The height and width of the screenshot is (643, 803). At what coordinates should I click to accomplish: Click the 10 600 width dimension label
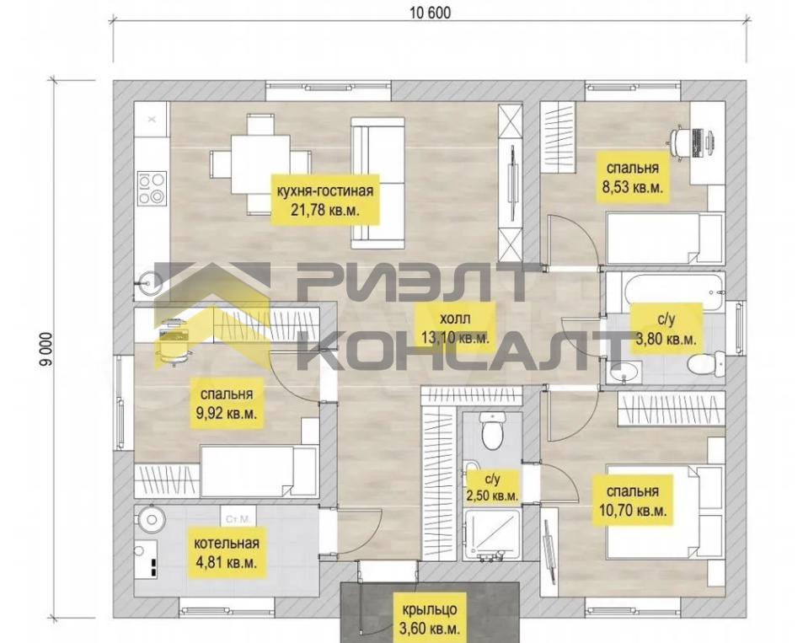[431, 13]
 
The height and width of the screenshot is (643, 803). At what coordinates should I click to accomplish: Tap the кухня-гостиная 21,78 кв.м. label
[324, 200]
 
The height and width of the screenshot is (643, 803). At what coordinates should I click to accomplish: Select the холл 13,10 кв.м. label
[455, 327]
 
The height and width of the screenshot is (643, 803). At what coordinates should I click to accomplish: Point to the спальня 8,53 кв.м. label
[633, 177]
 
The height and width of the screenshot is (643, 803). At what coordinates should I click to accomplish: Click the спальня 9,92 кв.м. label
[227, 403]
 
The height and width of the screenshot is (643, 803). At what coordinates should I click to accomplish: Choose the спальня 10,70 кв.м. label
[633, 500]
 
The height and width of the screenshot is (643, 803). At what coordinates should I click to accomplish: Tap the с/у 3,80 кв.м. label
[666, 329]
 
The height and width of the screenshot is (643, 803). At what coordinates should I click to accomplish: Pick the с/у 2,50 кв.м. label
[492, 487]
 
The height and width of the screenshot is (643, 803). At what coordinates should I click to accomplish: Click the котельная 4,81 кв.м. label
[227, 552]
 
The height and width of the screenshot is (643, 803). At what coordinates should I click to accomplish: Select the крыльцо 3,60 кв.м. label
[429, 619]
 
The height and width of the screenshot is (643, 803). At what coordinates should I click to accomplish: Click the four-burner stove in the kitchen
[152, 188]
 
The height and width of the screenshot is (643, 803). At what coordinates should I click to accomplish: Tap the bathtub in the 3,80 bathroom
[666, 291]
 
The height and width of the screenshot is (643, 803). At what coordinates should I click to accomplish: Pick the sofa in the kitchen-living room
[378, 183]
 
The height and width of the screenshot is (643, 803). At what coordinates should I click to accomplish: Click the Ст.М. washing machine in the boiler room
[237, 518]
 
